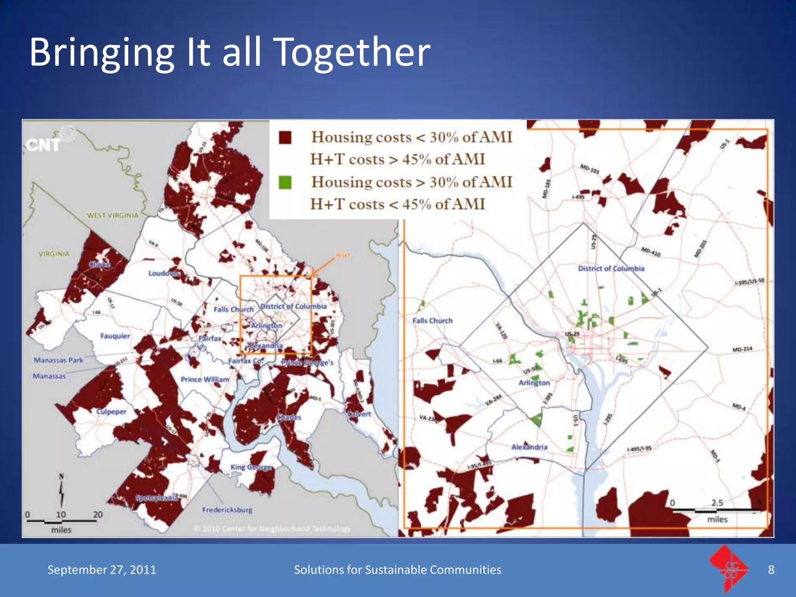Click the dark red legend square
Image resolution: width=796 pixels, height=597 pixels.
tap(285, 138)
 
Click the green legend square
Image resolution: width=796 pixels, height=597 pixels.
tap(285, 183)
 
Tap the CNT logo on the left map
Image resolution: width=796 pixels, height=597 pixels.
tap(44, 145)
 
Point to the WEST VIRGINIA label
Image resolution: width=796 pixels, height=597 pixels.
tap(112, 215)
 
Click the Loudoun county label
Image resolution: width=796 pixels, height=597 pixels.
tap(163, 273)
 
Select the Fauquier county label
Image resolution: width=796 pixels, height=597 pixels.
tap(115, 336)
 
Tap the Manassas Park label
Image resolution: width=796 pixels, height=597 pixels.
tap(58, 360)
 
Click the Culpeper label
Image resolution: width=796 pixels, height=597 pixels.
tap(111, 412)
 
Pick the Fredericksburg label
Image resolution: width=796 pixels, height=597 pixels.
tap(227, 510)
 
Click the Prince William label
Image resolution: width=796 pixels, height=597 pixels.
tap(205, 379)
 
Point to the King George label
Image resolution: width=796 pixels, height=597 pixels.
tap(251, 467)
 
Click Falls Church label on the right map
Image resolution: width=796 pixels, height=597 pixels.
tap(432, 321)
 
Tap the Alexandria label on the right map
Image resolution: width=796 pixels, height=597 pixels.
tap(529, 447)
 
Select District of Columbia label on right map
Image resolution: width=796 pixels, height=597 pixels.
tap(611, 269)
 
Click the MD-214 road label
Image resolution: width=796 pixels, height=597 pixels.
tap(742, 349)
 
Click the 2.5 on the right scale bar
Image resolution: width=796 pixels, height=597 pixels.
tap(717, 503)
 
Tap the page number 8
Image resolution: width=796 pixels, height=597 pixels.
tap(771, 570)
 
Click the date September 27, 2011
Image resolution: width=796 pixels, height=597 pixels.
tap(102, 570)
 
